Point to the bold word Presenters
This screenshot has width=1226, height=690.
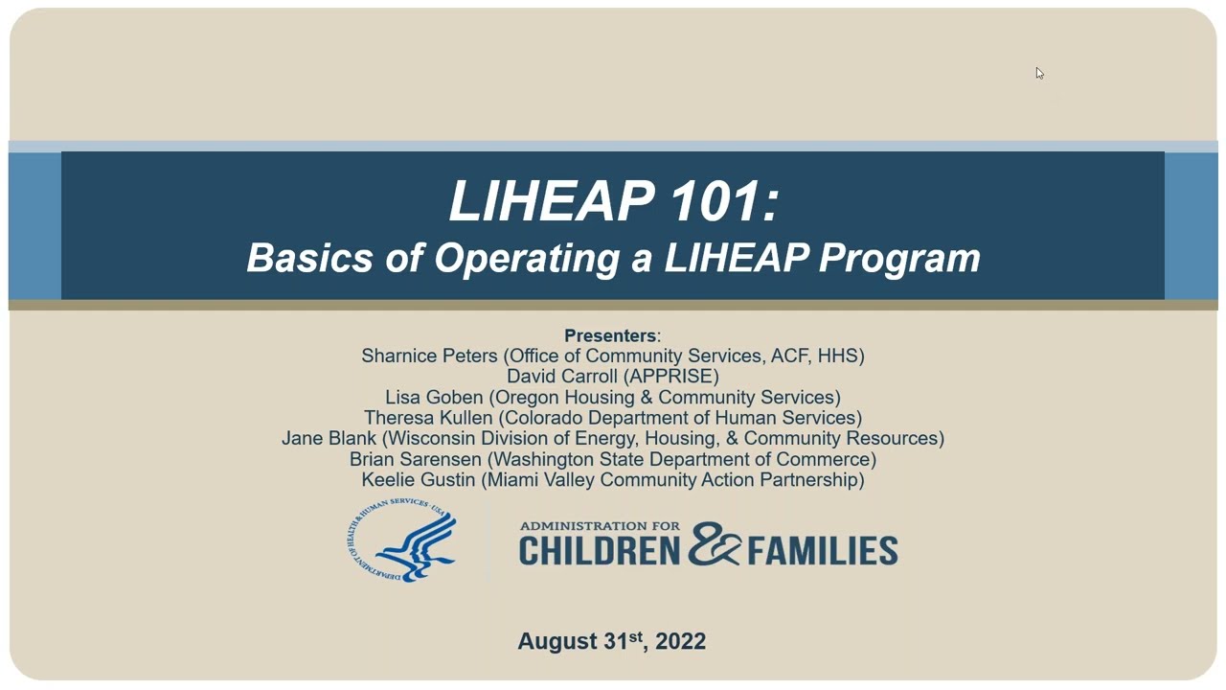pos(610,335)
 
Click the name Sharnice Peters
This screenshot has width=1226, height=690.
pos(430,356)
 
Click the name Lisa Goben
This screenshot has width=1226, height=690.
pos(434,397)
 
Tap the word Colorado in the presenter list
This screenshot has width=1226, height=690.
pos(541,418)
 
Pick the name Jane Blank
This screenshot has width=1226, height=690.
pos(329,438)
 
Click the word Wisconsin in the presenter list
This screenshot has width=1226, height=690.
pos(431,438)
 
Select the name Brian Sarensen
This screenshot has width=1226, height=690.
pos(416,459)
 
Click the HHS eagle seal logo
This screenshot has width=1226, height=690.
pos(402,541)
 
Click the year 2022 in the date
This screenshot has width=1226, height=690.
pos(681,641)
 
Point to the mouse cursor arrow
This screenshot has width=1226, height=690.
pos(1039,74)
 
